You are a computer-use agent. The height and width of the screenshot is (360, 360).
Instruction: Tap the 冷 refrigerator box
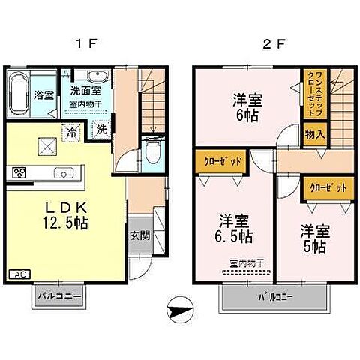(71, 129)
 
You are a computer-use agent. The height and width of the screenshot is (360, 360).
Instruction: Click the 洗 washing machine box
(100, 129)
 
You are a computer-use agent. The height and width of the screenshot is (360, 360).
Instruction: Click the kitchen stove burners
(19, 173)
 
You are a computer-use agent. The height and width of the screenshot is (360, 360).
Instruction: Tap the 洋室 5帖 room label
(316, 237)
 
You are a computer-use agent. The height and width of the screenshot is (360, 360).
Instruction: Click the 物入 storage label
(315, 135)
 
